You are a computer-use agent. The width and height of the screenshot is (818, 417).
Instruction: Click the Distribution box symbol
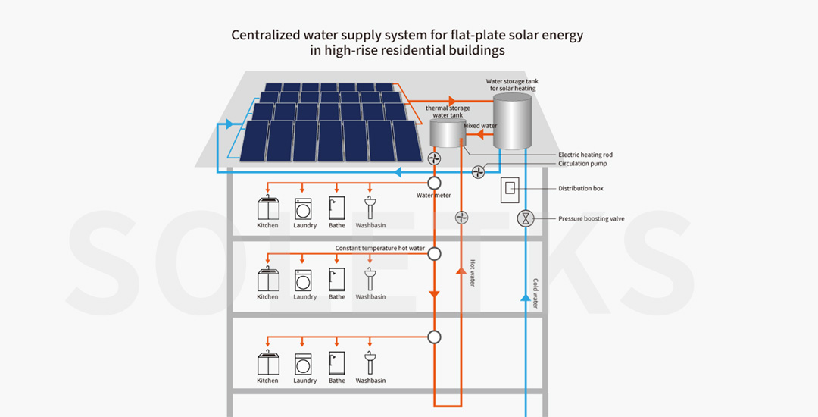[510, 189]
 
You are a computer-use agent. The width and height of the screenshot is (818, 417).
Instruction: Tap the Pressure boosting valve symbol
[526, 219]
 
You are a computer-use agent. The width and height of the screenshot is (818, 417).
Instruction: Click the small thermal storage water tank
[447, 134]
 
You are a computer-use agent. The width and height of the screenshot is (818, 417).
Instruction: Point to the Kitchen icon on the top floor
[267, 208]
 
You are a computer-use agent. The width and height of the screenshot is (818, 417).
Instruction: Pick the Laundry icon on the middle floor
[304, 280]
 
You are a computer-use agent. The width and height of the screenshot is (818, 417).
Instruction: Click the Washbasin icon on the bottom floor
[370, 362]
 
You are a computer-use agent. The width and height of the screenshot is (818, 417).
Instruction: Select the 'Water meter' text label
[433, 196]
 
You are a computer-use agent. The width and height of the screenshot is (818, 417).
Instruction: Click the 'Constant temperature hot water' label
[380, 248]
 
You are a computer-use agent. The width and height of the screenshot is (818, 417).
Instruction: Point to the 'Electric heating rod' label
[585, 155]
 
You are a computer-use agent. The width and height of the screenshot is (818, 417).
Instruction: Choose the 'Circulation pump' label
[582, 164]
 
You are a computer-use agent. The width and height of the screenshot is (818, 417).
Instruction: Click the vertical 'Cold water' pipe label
[535, 293]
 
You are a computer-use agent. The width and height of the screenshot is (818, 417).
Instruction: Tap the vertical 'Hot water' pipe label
[472, 273]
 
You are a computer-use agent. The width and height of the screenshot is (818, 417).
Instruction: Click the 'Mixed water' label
[480, 126]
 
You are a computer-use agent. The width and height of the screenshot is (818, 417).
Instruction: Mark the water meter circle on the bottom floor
[434, 336]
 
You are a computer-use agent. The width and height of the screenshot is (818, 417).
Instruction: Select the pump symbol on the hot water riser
[461, 218]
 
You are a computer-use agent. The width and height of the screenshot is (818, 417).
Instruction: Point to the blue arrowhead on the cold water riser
[525, 297]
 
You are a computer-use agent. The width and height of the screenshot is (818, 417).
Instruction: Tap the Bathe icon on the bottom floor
[337, 362]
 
